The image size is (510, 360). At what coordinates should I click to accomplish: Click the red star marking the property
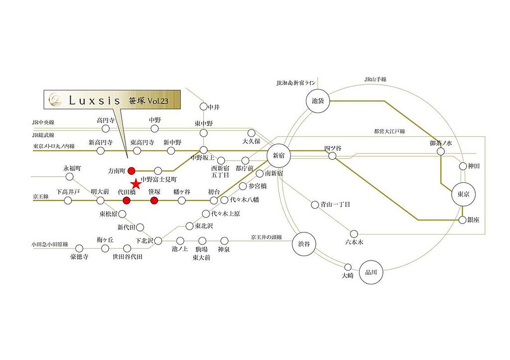tap(136, 184)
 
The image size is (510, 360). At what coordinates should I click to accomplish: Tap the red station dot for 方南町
tap(131, 170)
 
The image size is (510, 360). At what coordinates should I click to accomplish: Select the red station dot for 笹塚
tap(154, 201)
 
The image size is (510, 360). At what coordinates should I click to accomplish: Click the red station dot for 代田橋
tap(127, 201)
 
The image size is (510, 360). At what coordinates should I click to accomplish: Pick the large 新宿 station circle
tap(279, 156)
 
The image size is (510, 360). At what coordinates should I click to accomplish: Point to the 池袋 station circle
tap(318, 101)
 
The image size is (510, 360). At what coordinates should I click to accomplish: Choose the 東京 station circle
tap(463, 194)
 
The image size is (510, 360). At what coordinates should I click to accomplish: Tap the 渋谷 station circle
tap(304, 243)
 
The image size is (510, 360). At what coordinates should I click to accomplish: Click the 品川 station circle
tap(371, 272)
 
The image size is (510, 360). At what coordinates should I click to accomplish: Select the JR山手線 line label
tap(375, 79)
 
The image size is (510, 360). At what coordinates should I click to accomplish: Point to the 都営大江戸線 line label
tap(389, 131)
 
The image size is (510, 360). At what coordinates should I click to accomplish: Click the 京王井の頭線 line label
tap(266, 238)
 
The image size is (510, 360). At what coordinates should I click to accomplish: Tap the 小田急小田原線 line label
tap(50, 244)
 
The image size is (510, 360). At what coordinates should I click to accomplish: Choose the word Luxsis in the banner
tap(95, 101)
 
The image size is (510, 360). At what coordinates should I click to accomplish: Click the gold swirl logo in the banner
tap(55, 99)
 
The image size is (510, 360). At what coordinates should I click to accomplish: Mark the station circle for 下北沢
tap(158, 241)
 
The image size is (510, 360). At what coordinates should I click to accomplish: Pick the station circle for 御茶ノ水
tap(441, 151)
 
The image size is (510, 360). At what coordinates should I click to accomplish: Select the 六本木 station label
tap(354, 242)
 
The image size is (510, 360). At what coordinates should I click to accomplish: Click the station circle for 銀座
tap(463, 220)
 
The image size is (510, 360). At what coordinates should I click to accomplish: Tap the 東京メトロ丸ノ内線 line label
tap(54, 146)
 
